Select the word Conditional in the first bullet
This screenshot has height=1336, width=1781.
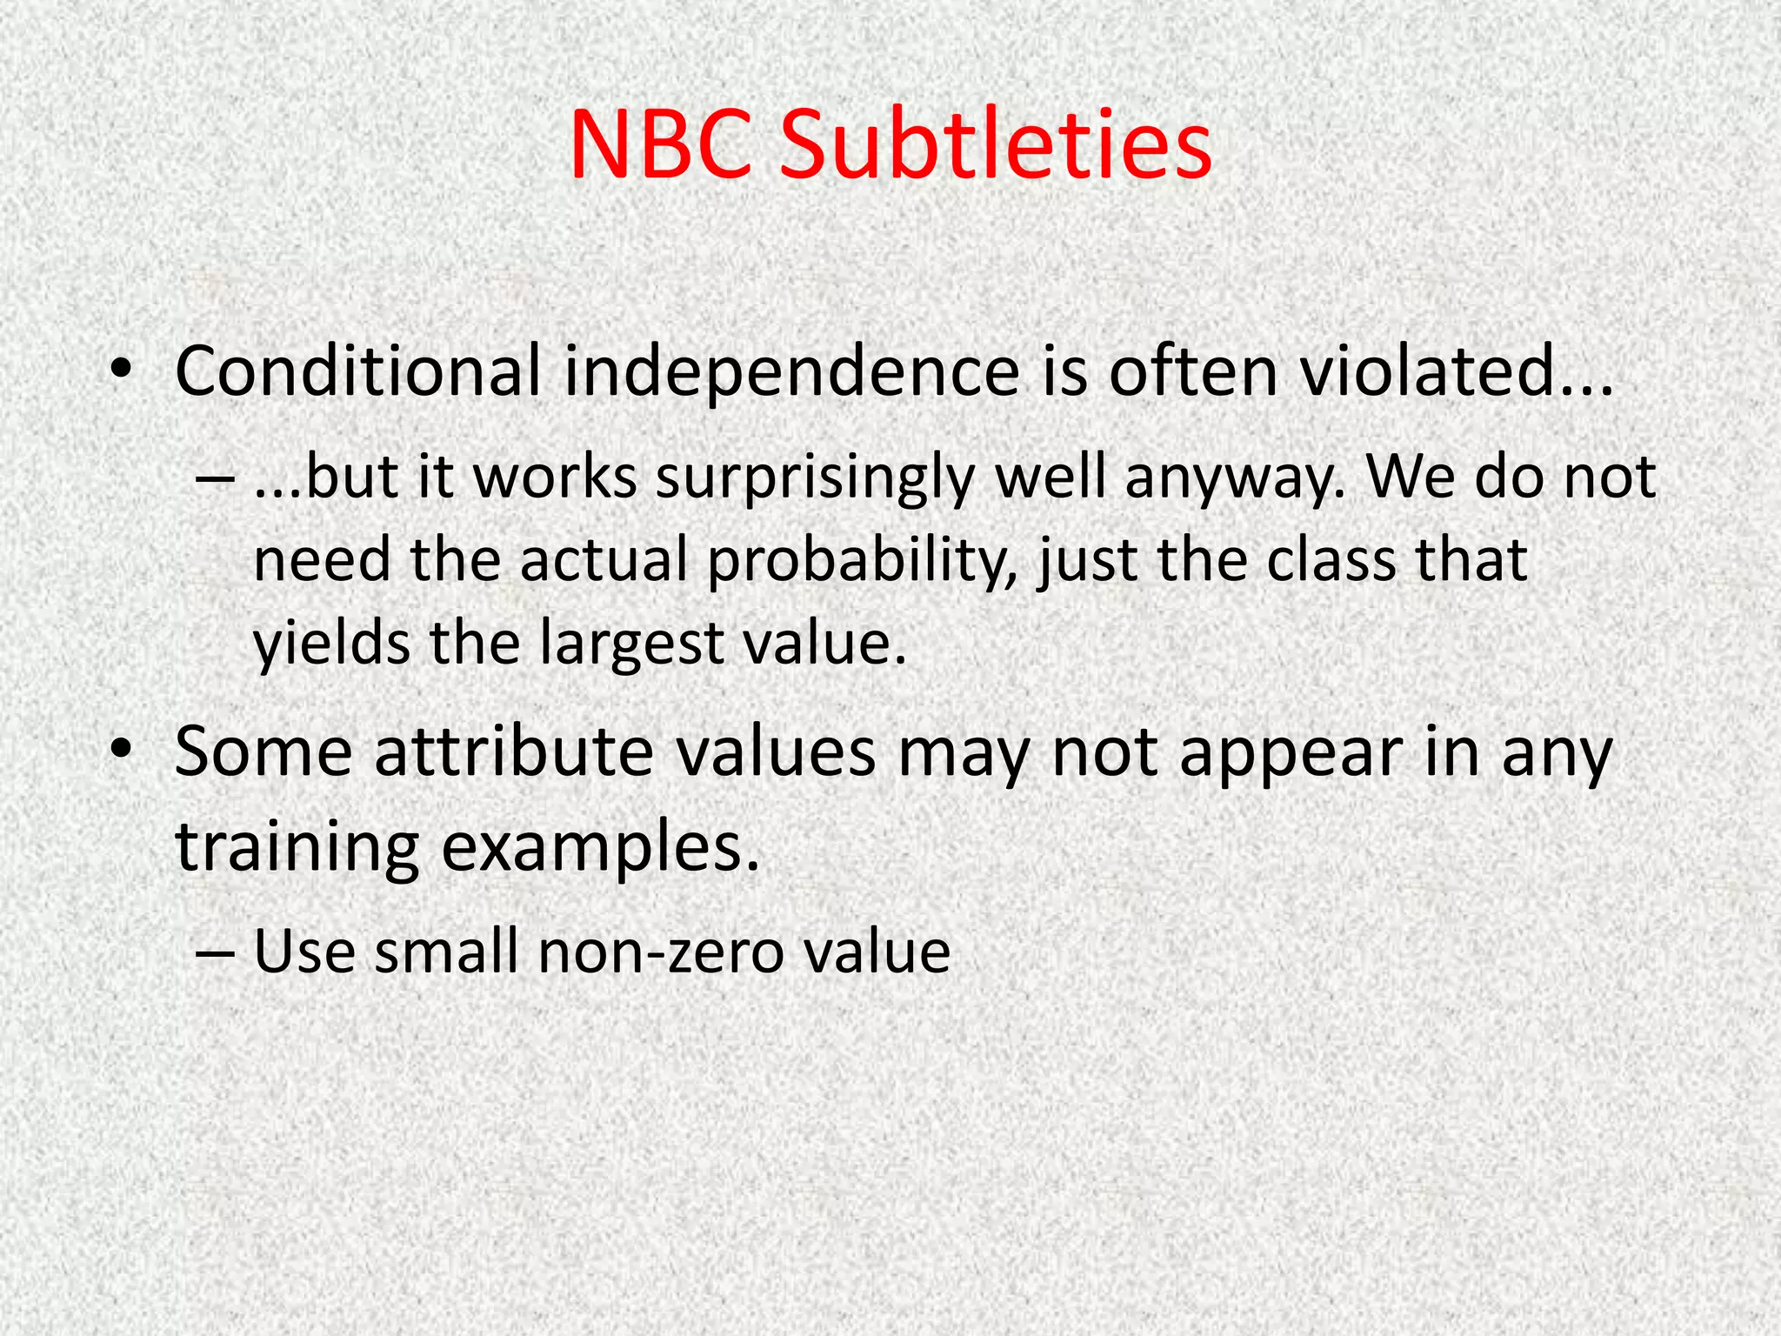pos(357,371)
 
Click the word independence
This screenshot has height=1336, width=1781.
pos(791,371)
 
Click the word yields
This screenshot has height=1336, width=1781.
pos(331,643)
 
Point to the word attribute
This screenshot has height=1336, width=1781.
pos(514,752)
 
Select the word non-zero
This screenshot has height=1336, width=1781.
pos(660,951)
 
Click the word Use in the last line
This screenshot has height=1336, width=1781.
pos(304,951)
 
